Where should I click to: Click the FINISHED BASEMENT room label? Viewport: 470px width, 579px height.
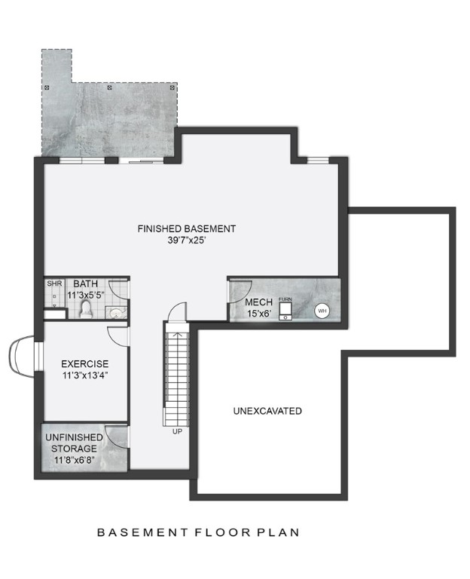coord(187,228)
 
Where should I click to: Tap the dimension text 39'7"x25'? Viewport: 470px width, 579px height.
coord(187,241)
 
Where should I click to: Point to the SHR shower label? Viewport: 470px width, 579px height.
coord(54,284)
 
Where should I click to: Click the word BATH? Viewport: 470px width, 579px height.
coord(85,283)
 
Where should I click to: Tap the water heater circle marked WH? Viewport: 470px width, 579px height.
coord(322,310)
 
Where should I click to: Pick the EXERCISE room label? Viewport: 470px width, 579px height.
coord(85,363)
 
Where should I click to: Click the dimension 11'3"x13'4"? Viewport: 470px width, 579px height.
coord(85,375)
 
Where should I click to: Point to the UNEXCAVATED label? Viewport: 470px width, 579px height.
coord(267,411)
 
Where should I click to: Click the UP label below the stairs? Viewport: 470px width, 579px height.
coord(177,432)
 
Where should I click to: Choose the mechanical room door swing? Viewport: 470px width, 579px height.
coord(240,289)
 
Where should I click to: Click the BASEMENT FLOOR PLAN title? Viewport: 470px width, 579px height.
coord(198,532)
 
